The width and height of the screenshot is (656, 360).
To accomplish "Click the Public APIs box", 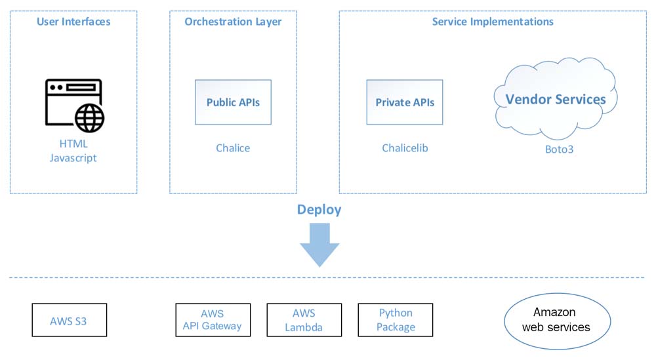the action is pyautogui.click(x=233, y=102).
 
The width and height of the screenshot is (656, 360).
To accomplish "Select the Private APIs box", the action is pyautogui.click(x=405, y=102).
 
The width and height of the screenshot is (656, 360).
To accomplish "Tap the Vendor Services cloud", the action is pyautogui.click(x=555, y=99).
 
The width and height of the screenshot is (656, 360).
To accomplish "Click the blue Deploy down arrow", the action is pyautogui.click(x=319, y=245).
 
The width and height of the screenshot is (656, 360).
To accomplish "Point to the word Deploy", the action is pyautogui.click(x=319, y=209).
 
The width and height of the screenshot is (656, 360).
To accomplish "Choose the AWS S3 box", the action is pyautogui.click(x=70, y=320).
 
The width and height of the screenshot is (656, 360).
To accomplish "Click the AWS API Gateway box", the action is pyautogui.click(x=213, y=320).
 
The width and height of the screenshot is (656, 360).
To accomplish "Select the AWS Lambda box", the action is pyautogui.click(x=304, y=320).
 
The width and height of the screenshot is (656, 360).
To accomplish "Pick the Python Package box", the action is pyautogui.click(x=396, y=320).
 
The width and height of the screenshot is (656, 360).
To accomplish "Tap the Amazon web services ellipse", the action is pyautogui.click(x=557, y=321).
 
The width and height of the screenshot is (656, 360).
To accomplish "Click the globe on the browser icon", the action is pyautogui.click(x=89, y=118).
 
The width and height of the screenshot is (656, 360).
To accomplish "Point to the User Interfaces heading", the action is pyautogui.click(x=73, y=22).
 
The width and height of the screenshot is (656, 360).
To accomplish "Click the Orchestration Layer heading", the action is pyautogui.click(x=233, y=22).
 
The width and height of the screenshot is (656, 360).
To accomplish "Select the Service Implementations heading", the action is pyautogui.click(x=493, y=22).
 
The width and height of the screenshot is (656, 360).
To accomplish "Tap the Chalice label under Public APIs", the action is pyautogui.click(x=233, y=148).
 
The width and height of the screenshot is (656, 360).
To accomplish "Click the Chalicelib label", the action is pyautogui.click(x=405, y=148).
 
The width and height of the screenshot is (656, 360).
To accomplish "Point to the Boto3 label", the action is pyautogui.click(x=560, y=150).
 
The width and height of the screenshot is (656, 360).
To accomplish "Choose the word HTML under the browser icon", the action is pyautogui.click(x=73, y=144).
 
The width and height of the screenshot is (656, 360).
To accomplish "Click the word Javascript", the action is pyautogui.click(x=73, y=158).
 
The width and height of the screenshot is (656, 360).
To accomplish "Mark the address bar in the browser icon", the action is pyautogui.click(x=81, y=87).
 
